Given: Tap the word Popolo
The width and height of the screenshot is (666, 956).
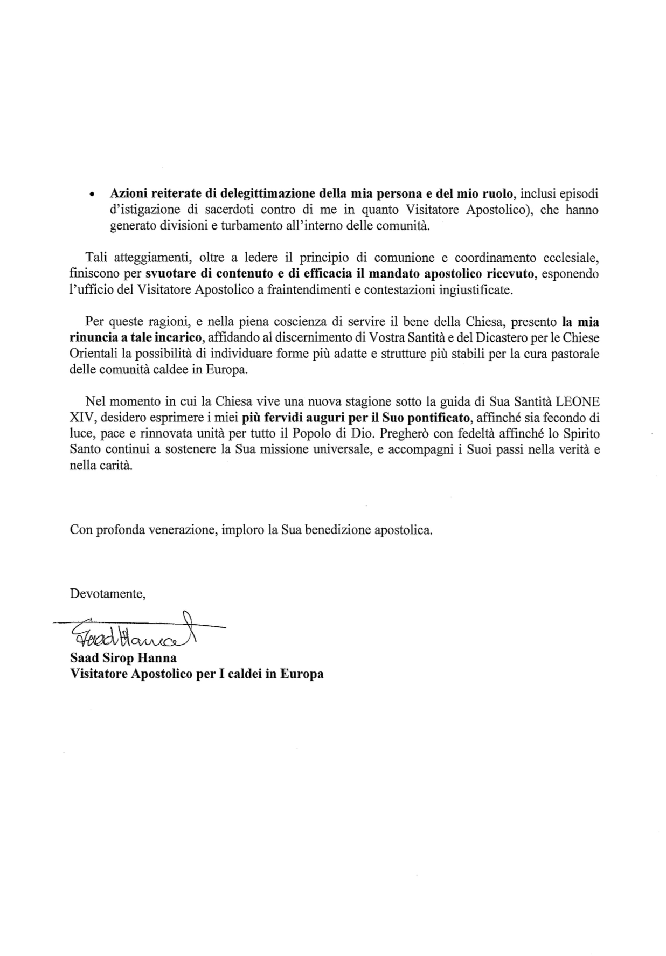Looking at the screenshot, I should (x=349, y=434).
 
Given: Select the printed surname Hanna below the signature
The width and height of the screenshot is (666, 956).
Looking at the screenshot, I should (x=158, y=658).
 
